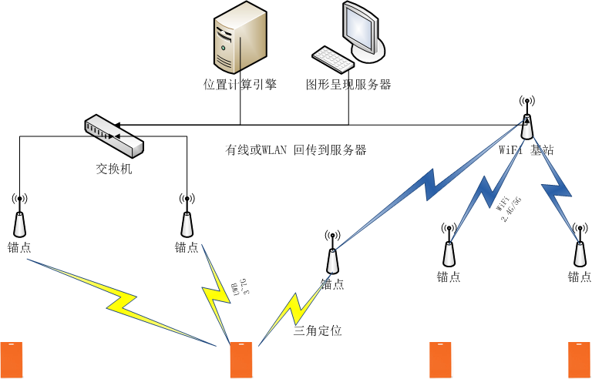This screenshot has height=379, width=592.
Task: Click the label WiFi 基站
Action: click(526, 150)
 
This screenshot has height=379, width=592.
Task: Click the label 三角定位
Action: click(317, 331)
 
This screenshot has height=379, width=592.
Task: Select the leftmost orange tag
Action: click(12, 360)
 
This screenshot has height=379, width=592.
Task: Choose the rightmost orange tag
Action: click(579, 360)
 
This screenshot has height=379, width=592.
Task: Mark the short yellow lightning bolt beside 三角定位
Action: click(293, 308)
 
